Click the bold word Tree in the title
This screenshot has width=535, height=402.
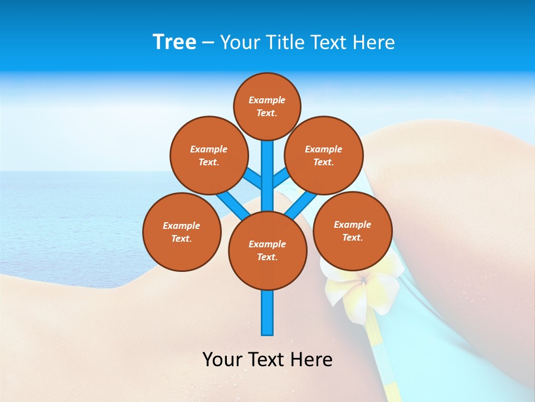click(x=174, y=42)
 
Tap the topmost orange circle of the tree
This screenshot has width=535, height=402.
click(x=267, y=106)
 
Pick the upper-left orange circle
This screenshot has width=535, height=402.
click(x=208, y=155)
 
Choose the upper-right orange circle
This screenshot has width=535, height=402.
click(x=324, y=155)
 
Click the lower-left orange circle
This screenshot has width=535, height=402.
click(x=182, y=232)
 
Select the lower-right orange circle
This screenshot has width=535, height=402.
click(x=353, y=231)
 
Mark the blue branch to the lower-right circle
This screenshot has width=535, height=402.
click(x=301, y=204)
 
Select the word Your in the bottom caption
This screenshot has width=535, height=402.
click(x=222, y=360)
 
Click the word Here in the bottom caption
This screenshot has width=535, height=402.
click(x=313, y=360)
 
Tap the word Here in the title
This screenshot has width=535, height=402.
click(x=375, y=42)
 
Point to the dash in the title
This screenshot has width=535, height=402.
click(x=208, y=43)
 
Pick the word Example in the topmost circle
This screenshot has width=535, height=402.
click(x=267, y=100)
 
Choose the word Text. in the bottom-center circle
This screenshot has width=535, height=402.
click(x=267, y=257)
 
